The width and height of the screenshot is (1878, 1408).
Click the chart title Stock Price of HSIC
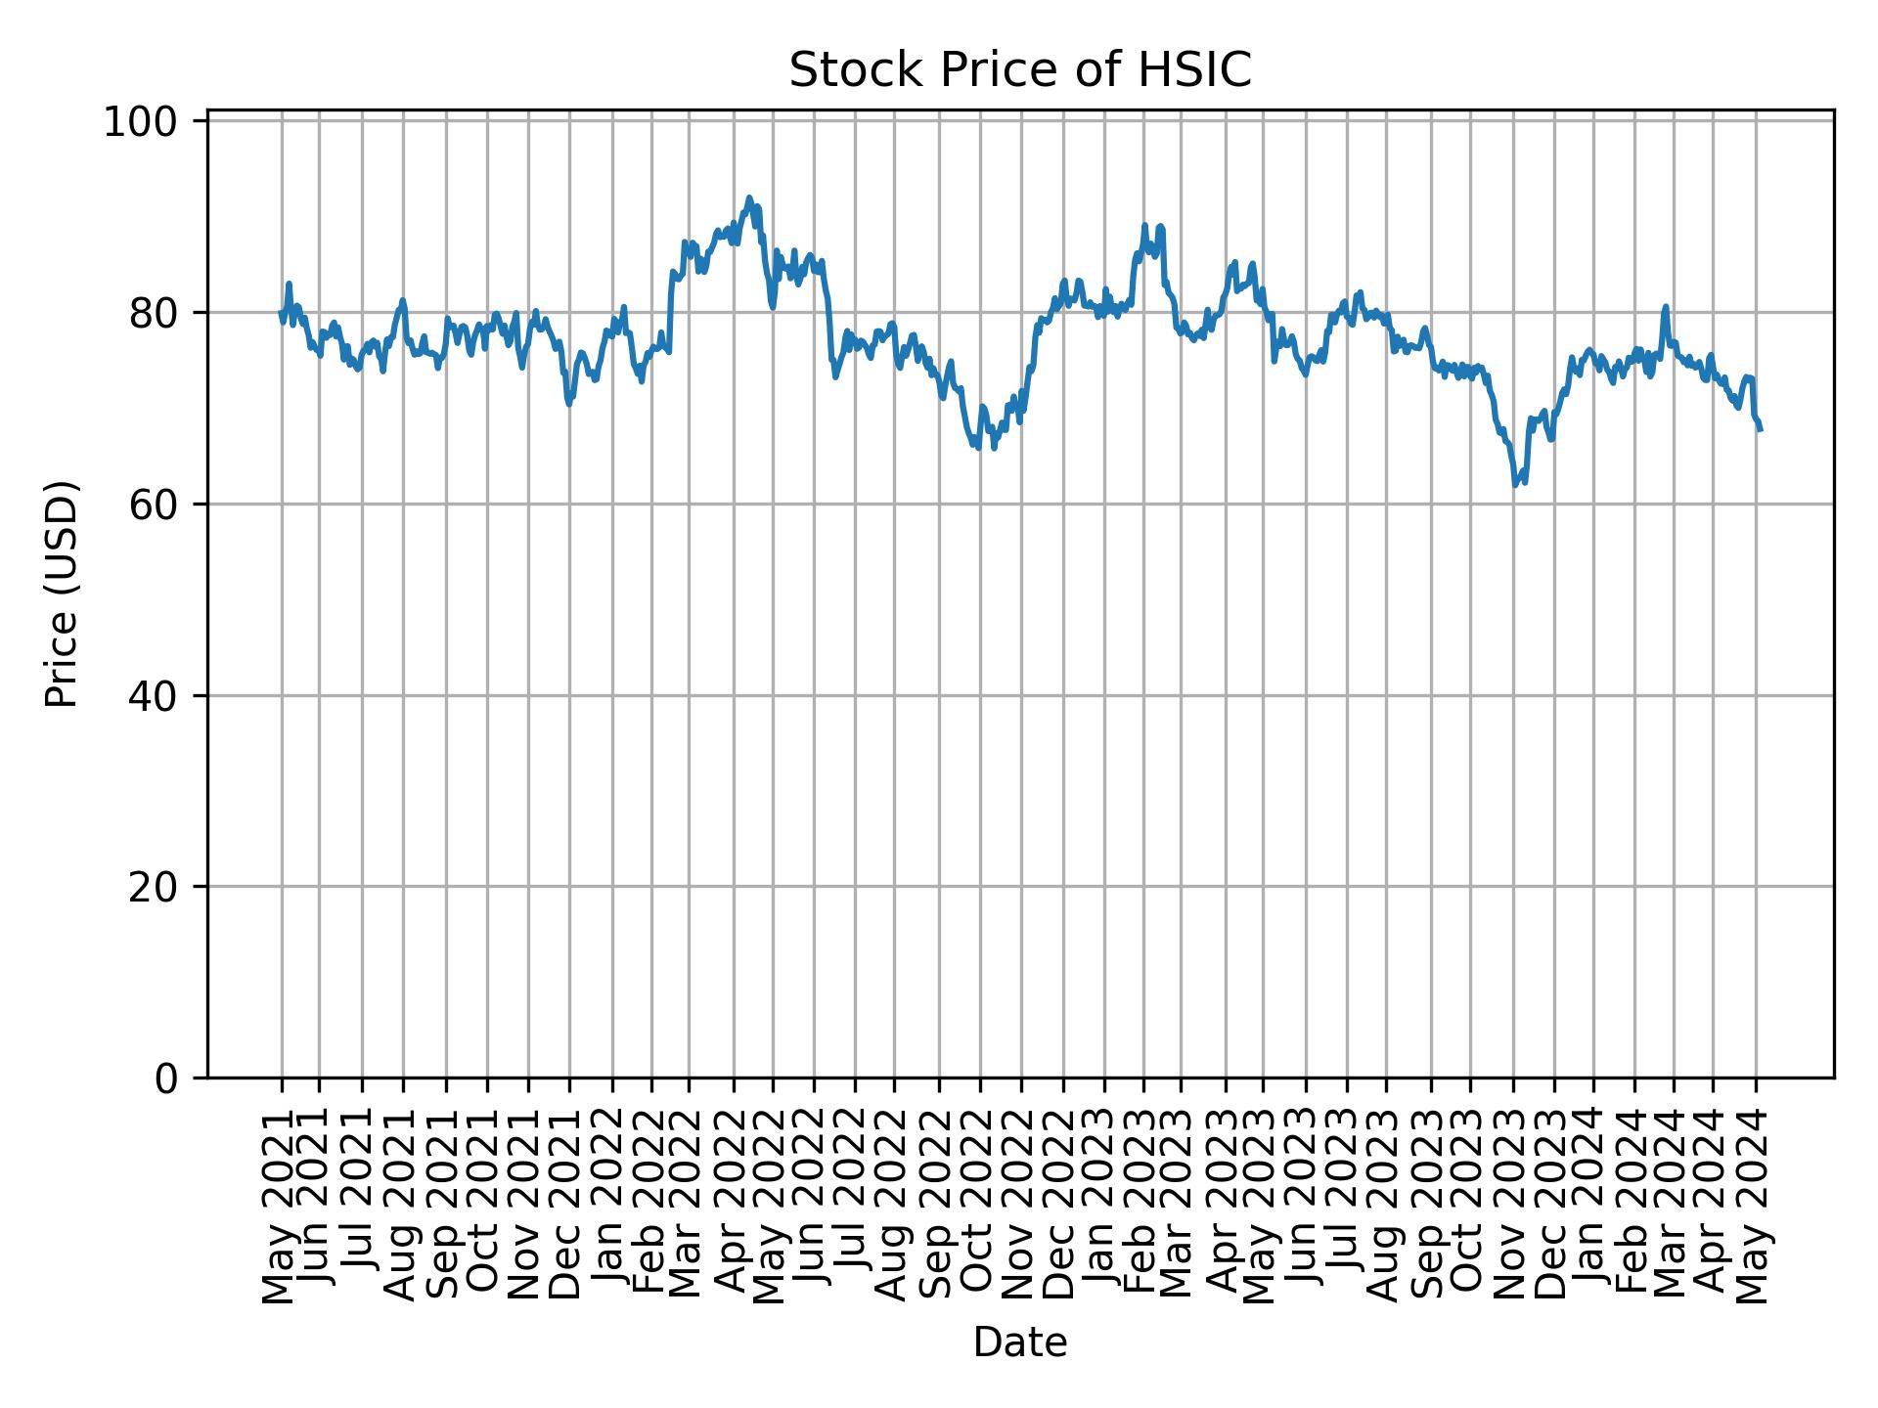[1019, 70]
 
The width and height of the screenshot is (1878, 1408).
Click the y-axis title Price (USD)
[62, 594]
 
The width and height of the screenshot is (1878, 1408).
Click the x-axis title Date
[1019, 1342]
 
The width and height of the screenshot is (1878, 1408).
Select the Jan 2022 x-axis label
[611, 1210]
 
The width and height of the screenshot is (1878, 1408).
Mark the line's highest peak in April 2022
[749, 198]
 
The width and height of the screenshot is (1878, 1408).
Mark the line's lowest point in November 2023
[1515, 485]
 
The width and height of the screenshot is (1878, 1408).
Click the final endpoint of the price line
[1761, 429]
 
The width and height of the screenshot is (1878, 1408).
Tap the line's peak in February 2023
[1144, 225]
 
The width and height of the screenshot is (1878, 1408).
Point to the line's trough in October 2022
[978, 448]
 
